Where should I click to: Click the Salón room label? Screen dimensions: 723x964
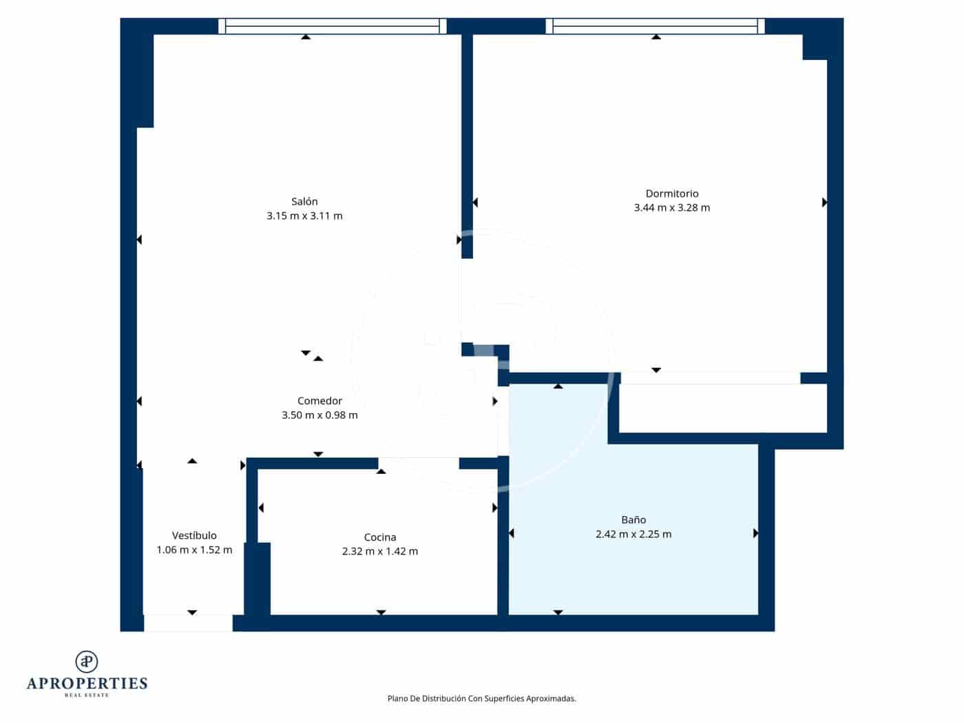point(304,202)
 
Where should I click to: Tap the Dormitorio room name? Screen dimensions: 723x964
point(671,193)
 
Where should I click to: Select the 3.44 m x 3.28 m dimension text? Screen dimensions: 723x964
point(671,208)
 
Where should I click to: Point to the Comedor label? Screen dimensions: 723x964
point(319,401)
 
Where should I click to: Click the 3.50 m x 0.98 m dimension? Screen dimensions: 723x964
point(319,415)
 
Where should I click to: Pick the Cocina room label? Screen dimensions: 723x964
point(379,537)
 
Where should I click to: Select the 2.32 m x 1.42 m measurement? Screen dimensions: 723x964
point(379,552)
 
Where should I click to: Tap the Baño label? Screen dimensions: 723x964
point(633,520)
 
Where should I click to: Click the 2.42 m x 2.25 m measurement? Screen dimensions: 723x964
point(633,534)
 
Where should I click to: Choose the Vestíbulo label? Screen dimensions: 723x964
point(194,536)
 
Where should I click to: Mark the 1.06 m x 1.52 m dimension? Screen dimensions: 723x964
point(194,550)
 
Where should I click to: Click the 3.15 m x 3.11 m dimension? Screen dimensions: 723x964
point(304,216)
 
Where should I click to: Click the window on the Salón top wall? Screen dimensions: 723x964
point(333,26)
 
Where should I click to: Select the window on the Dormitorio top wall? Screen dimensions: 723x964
point(656,26)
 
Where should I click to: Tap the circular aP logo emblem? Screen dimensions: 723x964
point(87,662)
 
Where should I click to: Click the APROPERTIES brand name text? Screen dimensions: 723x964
point(87,684)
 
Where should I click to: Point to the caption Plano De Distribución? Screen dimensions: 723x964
point(481,698)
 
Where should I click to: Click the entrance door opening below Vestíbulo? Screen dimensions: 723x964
point(188,623)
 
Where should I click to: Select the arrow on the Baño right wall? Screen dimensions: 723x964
point(755,534)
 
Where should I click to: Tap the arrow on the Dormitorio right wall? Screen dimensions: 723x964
point(824,202)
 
